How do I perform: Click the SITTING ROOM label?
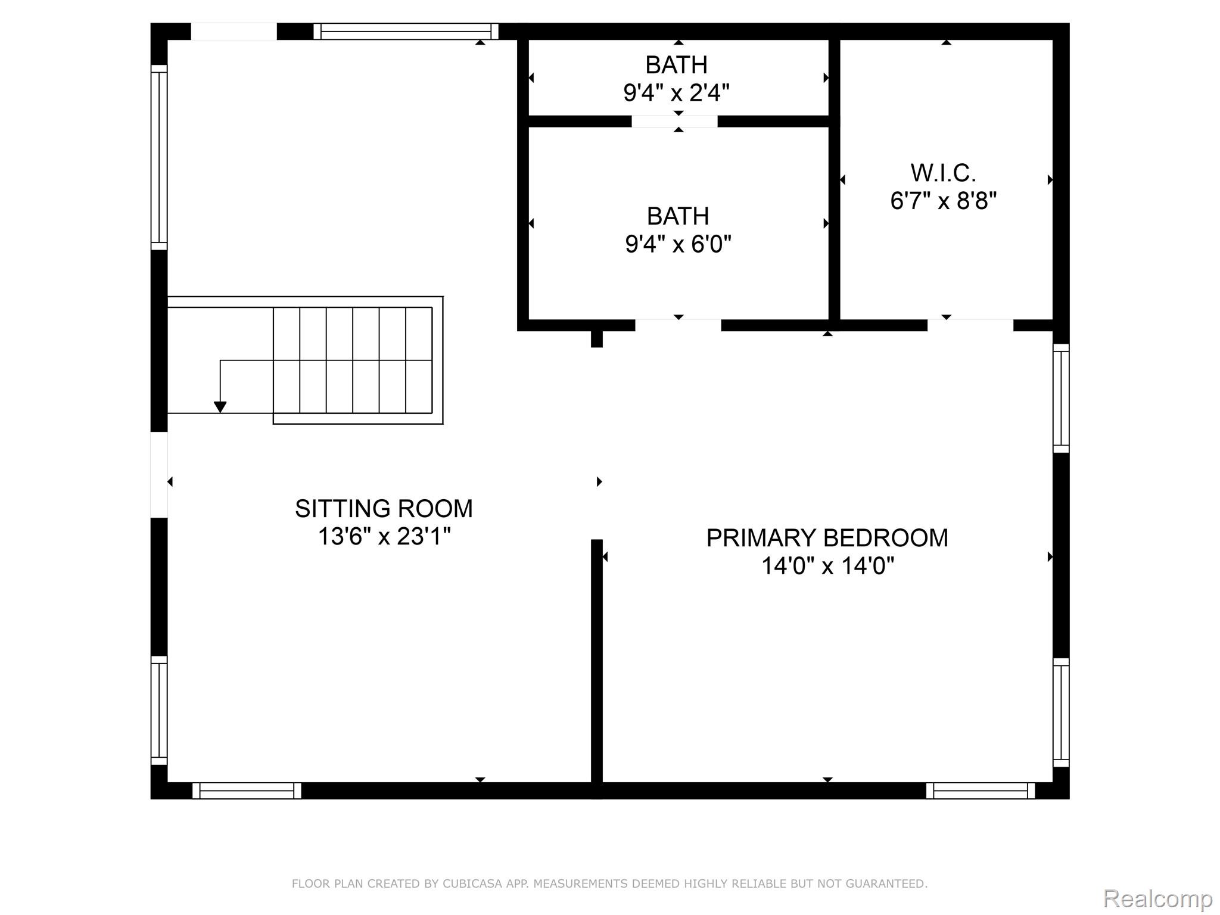[x=384, y=509]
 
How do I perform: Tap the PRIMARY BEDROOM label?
[x=827, y=538]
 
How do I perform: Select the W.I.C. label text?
[x=943, y=173]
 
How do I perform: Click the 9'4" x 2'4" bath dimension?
[x=676, y=93]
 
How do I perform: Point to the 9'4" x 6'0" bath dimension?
[x=678, y=244]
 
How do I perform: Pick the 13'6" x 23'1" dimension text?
[x=384, y=537]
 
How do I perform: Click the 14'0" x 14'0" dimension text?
[x=827, y=566]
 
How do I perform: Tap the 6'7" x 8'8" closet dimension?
[x=944, y=201]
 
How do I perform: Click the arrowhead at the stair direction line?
[x=220, y=407]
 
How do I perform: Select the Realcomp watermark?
[x=1158, y=898]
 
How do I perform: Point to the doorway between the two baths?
[x=674, y=122]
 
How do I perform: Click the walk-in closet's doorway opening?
[x=970, y=325]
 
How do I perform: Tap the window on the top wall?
[x=406, y=31]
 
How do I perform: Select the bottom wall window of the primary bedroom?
[x=981, y=790]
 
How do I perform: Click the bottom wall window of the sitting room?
[x=247, y=790]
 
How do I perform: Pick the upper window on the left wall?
[x=159, y=157]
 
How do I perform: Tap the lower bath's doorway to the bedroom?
[x=679, y=325]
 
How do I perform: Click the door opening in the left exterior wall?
[x=159, y=474]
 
